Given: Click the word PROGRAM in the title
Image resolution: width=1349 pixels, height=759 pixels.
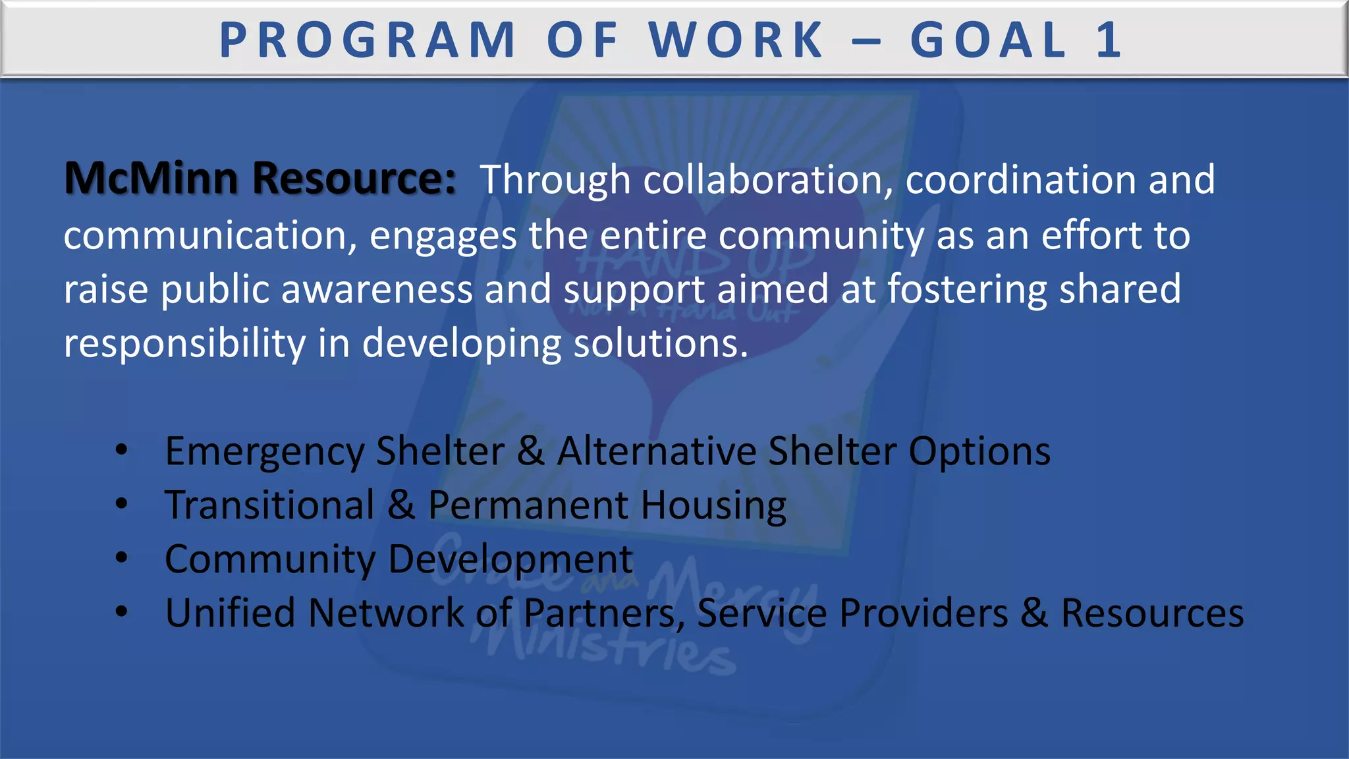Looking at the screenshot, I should coord(367,41).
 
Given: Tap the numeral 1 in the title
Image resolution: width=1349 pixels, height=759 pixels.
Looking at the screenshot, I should coord(1109,41).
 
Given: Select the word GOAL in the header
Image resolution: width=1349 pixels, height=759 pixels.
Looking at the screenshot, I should coord(988,41).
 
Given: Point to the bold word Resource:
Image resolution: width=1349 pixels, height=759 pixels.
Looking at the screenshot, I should coord(354,179).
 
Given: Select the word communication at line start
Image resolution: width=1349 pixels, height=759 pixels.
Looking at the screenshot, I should coord(210,236).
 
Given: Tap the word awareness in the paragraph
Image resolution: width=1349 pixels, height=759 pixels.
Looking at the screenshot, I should coord(377,290).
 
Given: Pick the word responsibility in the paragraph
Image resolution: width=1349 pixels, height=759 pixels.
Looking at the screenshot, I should coord(184,344).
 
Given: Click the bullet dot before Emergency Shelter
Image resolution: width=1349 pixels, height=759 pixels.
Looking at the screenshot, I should coord(121,451).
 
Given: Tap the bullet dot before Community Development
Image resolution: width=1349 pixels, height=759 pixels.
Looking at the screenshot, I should coord(121,558).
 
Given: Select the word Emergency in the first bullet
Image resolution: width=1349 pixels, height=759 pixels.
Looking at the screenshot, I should coord(264,452).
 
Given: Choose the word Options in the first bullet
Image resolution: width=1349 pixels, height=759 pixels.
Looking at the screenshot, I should coord(979,452).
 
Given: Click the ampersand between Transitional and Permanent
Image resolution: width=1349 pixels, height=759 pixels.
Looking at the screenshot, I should coord(401,505).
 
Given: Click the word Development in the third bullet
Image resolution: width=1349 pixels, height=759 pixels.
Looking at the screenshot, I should coord(510,559).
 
